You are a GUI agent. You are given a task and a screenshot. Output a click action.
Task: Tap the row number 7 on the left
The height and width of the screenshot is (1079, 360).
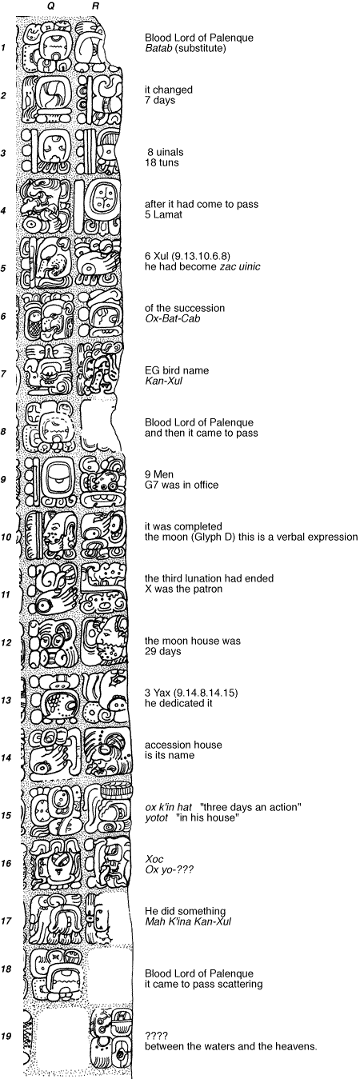pos(4,374)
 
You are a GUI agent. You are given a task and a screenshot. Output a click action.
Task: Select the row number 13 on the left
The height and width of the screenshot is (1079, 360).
pos(6,700)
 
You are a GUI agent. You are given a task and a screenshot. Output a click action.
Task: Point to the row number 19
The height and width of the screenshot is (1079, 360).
pos(6,1036)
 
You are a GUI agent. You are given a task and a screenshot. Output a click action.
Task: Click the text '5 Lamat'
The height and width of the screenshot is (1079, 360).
pos(163,215)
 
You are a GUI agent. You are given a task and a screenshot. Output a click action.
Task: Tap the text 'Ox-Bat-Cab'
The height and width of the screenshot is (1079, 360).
pos(172,319)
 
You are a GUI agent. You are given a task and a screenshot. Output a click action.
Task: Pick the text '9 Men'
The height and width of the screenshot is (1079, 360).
pos(159,474)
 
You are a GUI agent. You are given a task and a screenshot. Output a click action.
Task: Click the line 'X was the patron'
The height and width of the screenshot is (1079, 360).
pos(184,589)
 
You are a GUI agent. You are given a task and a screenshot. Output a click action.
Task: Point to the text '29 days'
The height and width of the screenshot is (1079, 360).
pos(163,651)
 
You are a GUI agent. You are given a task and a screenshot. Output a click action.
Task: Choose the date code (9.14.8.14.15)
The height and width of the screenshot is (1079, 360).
pos(208,693)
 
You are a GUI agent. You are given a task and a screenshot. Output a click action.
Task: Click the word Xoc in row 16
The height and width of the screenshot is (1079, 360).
pos(154,859)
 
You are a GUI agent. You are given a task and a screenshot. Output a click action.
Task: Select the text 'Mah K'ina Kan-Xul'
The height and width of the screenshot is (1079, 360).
pos(188,921)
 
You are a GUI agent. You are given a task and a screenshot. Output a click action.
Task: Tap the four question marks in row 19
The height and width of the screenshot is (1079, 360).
pos(154,1036)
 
